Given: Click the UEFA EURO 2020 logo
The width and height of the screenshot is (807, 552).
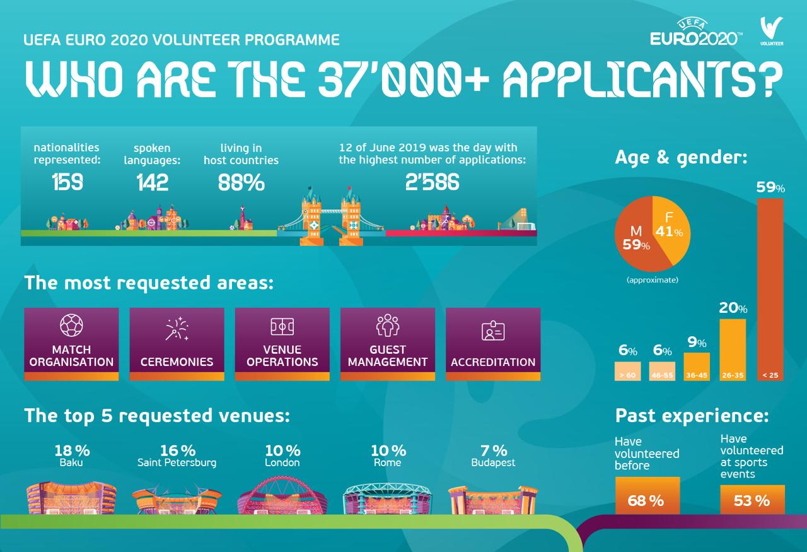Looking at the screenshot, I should (696, 33).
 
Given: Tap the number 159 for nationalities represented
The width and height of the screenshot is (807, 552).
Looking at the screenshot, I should (67, 182).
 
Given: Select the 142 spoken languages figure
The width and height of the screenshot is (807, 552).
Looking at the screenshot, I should (153, 182).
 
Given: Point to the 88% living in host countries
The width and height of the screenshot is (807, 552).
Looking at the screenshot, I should (241, 182).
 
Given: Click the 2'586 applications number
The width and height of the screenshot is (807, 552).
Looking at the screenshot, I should (432, 182).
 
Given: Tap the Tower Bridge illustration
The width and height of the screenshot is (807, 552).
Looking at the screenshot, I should (332, 214).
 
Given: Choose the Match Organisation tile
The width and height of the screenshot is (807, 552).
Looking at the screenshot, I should (71, 344).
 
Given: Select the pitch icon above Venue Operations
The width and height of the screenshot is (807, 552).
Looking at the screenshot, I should (282, 327).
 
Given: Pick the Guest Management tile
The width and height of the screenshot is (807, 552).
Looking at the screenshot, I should (387, 344).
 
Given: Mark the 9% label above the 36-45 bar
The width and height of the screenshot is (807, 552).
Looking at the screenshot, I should (697, 343).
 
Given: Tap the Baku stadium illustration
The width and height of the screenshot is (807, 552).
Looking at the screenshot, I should (72, 498).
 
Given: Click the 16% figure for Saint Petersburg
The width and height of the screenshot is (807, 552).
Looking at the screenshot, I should (177, 450).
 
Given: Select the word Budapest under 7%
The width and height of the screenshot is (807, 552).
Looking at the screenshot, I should (493, 462).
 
